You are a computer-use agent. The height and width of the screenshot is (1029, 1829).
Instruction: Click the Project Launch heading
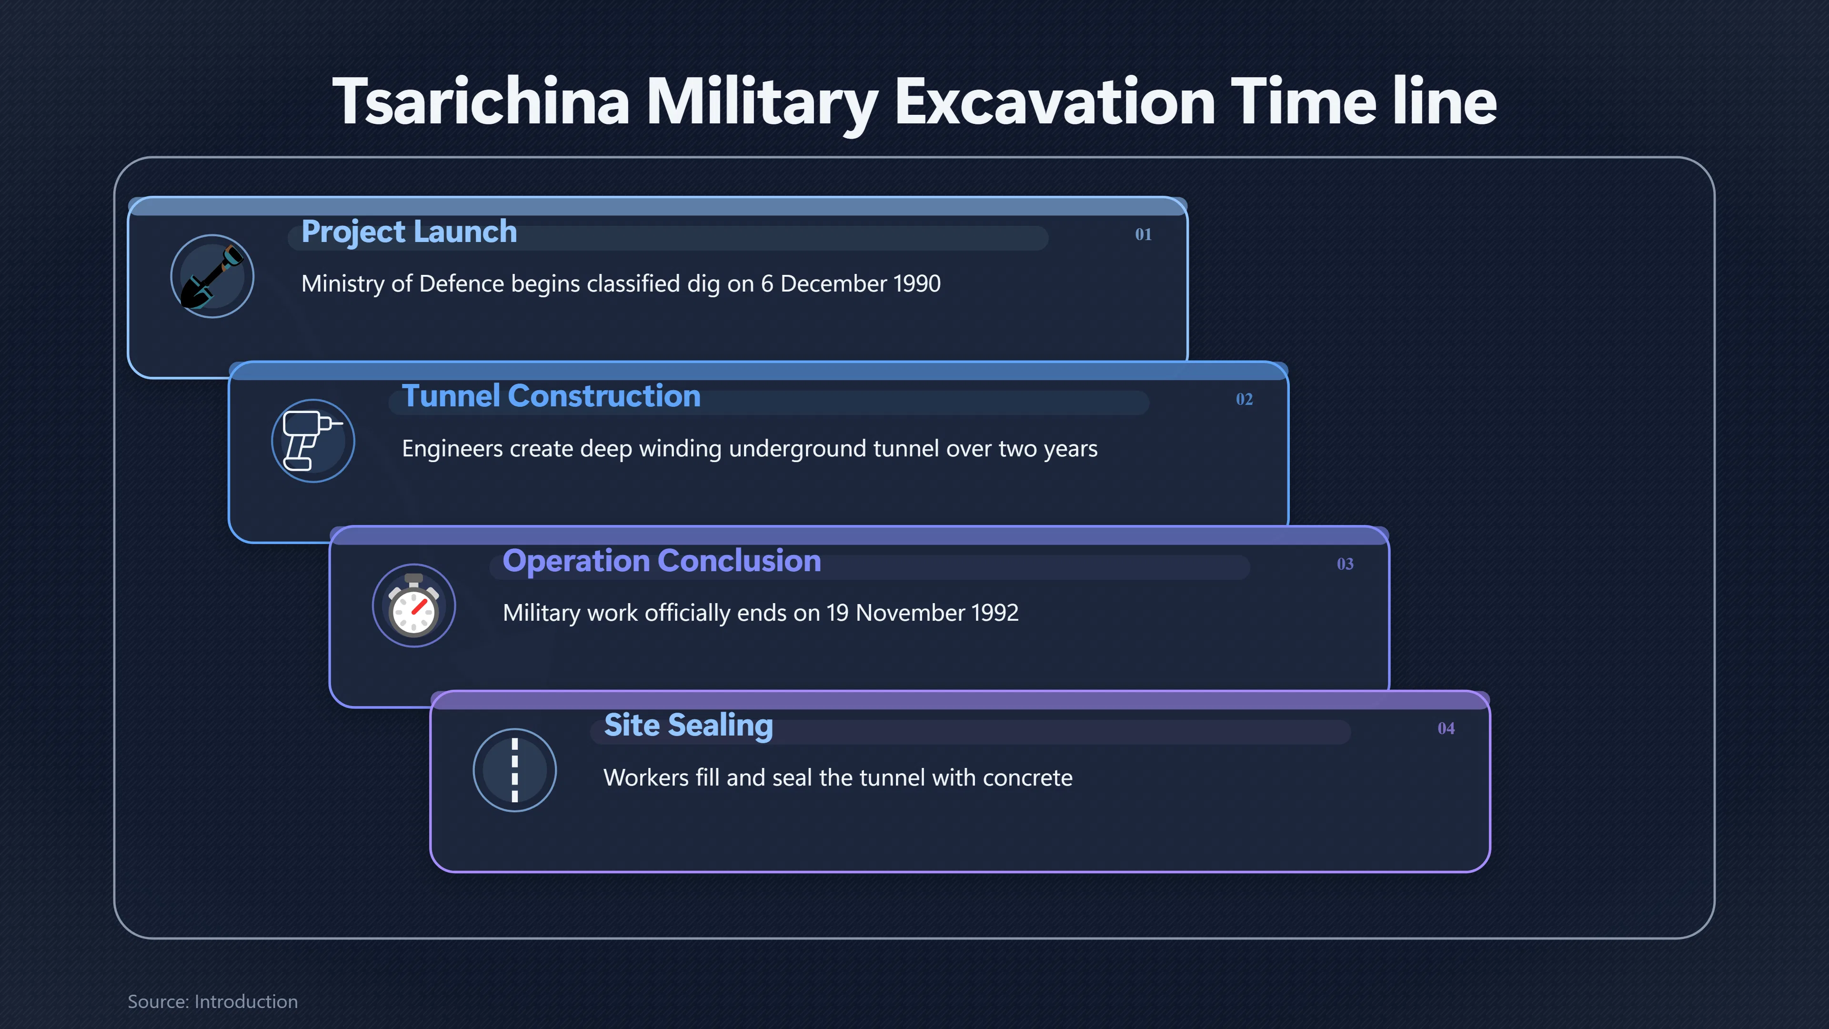[x=409, y=232]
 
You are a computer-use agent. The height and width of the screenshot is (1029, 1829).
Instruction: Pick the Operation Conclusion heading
[x=662, y=561]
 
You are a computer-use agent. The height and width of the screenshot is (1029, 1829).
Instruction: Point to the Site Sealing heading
[x=688, y=726]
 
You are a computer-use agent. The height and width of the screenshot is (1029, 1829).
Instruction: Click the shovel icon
[x=212, y=276]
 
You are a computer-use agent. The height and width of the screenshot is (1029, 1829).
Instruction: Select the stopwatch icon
[x=414, y=605]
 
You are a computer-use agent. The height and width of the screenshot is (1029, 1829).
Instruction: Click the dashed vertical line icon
[x=515, y=770]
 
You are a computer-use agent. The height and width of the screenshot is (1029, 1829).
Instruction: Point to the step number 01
[x=1143, y=234]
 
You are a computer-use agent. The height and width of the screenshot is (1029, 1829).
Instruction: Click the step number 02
[x=1244, y=399]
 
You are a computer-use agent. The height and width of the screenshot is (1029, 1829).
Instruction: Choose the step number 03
[x=1345, y=564]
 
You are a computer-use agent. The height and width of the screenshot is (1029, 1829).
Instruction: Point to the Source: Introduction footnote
[x=212, y=1001]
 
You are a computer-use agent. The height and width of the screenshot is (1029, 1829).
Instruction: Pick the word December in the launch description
[x=834, y=284]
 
